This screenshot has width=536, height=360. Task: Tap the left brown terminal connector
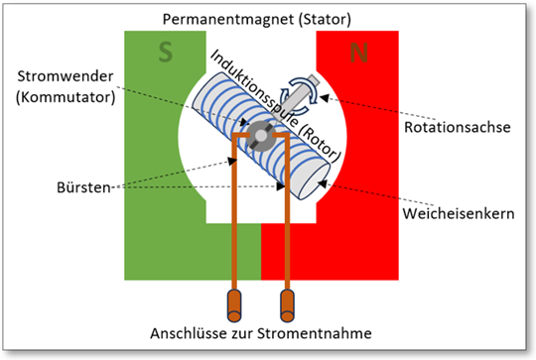tap(235, 300)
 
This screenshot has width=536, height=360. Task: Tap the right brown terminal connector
tap(289, 300)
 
